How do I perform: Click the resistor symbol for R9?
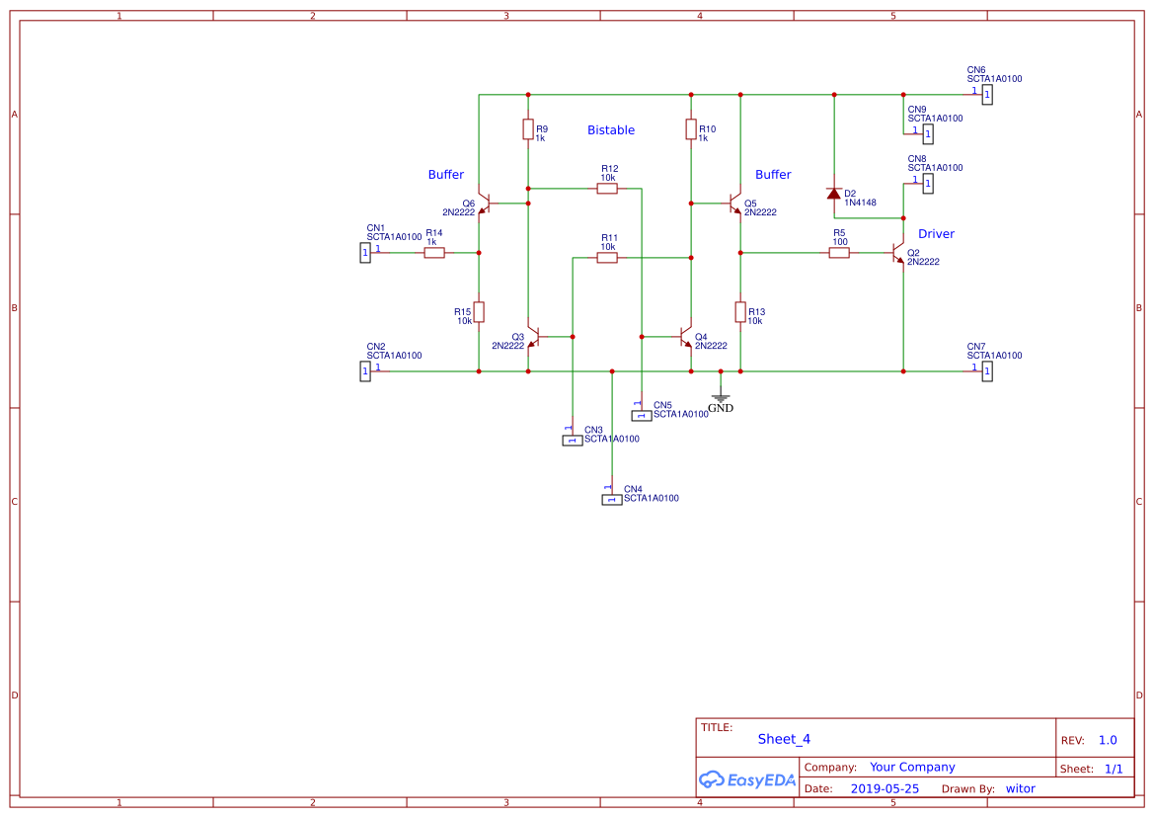coord(528,129)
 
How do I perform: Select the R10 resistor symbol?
coord(691,129)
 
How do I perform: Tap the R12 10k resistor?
coord(608,188)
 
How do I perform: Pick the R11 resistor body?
coord(608,257)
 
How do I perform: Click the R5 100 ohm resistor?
coord(839,253)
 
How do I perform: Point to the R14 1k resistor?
coord(434,253)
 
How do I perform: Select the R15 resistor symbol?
coord(479,312)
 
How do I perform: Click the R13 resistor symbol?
coord(740,312)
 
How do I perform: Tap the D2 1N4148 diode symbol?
coord(834,194)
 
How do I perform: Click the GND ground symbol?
coord(721,398)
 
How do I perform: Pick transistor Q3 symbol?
coord(534,337)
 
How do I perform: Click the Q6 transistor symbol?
coord(484,204)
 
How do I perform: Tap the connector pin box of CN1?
coord(365,253)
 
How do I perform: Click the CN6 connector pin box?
coord(987,95)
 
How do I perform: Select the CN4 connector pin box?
coord(612,500)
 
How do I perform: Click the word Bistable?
coord(611,130)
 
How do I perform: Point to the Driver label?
coord(936,234)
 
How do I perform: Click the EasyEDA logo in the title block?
coord(746,779)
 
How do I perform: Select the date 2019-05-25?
coord(885,788)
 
